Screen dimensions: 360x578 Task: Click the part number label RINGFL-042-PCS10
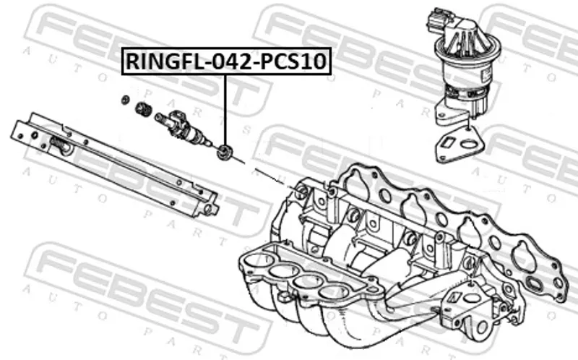click(226, 62)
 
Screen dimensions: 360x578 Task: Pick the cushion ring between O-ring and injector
click(144, 110)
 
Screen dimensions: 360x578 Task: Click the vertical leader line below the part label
click(225, 108)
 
